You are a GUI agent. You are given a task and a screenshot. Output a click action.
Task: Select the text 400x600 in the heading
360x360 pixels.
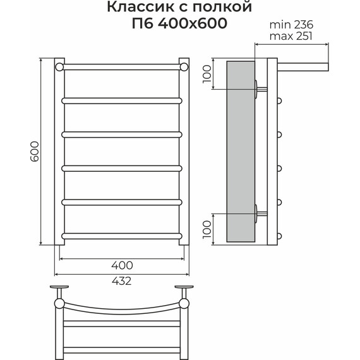[x=193, y=23]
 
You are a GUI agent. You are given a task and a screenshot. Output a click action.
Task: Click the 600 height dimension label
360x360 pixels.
[x=35, y=152]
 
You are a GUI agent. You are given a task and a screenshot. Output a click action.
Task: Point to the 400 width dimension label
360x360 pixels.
[x=122, y=265]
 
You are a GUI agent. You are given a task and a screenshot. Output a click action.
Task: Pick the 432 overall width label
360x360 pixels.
[x=122, y=281]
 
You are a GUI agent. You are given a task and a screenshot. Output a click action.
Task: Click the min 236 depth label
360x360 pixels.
[x=291, y=25]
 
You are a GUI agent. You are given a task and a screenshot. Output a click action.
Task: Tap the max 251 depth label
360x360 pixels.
[x=291, y=36]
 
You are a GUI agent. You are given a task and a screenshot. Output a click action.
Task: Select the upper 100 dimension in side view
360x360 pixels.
[x=207, y=74]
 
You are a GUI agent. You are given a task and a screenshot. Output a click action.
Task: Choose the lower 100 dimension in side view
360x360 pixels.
[x=207, y=229]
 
